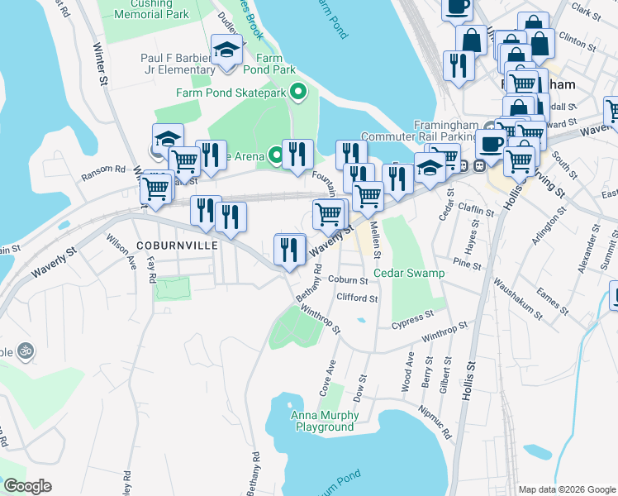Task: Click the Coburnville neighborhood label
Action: pyautogui.click(x=177, y=246)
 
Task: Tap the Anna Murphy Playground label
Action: pyautogui.click(x=322, y=422)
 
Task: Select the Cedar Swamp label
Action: pyautogui.click(x=409, y=273)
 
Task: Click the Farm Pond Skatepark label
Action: pyautogui.click(x=230, y=93)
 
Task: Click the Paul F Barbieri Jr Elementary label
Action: pyautogui.click(x=178, y=64)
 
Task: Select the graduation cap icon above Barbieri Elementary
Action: pyautogui.click(x=226, y=50)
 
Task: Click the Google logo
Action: pyautogui.click(x=27, y=486)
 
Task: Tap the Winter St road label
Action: pyautogui.click(x=102, y=64)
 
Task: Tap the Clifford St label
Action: pyautogui.click(x=358, y=298)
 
